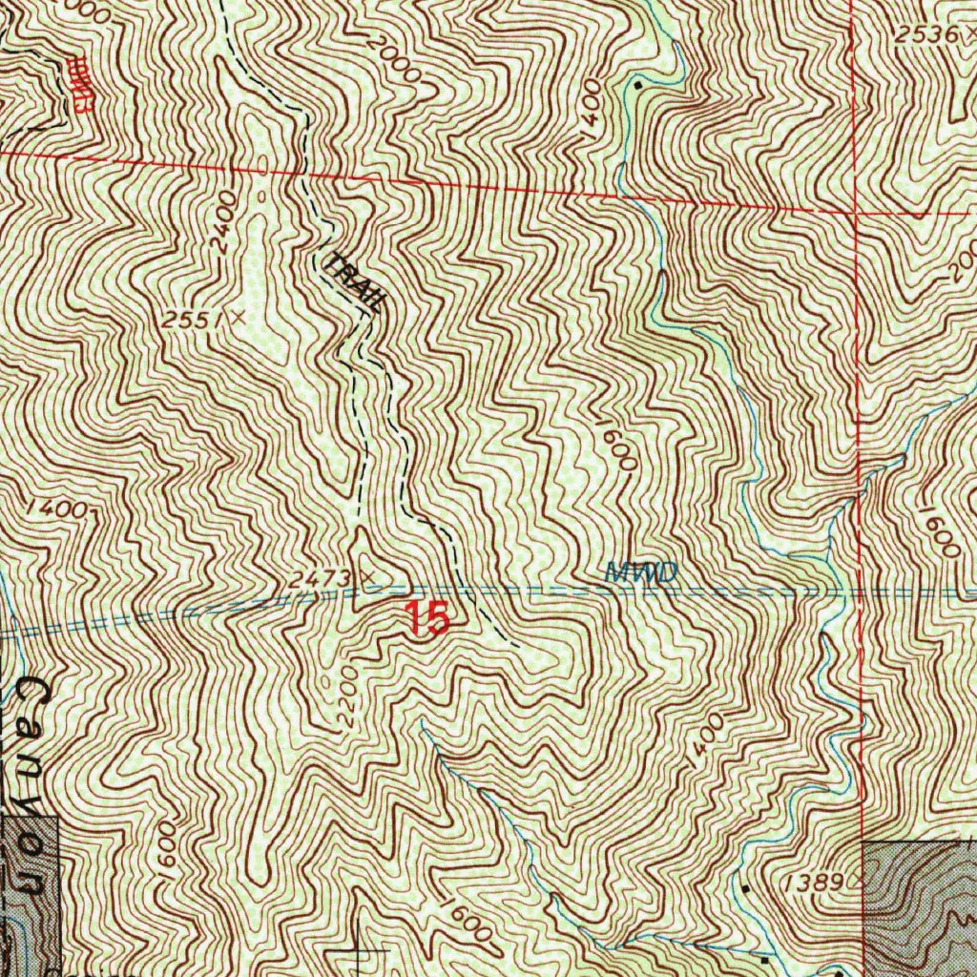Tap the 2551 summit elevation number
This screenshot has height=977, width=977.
(187, 321)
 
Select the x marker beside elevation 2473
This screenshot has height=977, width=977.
(365, 576)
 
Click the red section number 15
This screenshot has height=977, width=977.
(426, 618)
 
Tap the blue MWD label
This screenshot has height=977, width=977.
(640, 572)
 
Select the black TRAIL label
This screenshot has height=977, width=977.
(355, 280)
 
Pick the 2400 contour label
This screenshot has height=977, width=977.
(224, 225)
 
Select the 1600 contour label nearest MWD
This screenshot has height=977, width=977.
(618, 444)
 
